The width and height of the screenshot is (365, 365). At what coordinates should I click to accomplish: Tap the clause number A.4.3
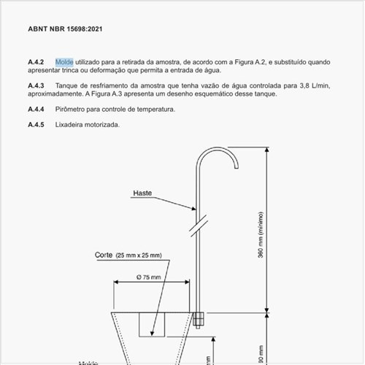pos(36,86)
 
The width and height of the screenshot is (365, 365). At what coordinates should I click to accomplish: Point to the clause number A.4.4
pos(36,109)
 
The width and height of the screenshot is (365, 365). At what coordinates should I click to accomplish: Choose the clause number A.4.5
pos(36,125)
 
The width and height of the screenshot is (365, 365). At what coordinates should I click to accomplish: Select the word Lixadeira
pos(70,125)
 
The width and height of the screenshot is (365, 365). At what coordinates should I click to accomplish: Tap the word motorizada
pos(104,125)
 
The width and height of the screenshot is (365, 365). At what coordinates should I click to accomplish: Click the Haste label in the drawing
pos(142,193)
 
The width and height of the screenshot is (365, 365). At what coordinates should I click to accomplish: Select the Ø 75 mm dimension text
pos(150,278)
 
